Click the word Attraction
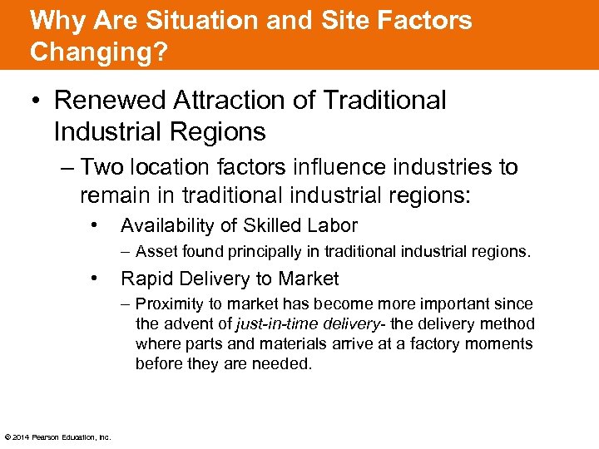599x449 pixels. point(217,101)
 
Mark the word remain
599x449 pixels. point(111,195)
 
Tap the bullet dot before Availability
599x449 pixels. point(98,225)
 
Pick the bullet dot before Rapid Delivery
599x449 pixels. point(98,279)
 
